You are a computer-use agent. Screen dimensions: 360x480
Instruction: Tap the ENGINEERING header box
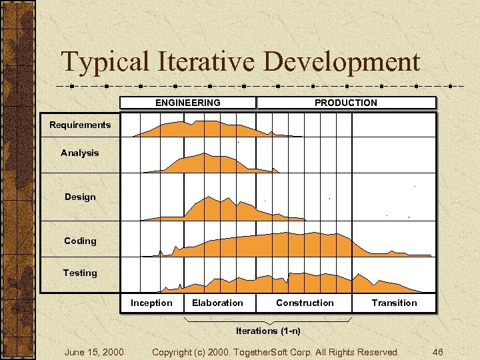click(x=187, y=103)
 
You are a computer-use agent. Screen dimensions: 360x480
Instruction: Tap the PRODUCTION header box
click(x=345, y=103)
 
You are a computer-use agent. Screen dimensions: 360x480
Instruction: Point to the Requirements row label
click(x=80, y=125)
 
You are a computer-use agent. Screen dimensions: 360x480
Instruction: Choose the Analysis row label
click(x=79, y=153)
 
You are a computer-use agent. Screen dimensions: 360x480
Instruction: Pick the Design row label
click(x=80, y=197)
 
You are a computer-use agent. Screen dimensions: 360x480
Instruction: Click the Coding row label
click(x=80, y=241)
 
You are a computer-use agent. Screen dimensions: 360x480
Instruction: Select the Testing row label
click(x=80, y=273)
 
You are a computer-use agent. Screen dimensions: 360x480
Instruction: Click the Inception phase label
click(x=151, y=303)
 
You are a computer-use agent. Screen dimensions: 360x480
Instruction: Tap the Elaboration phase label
click(x=217, y=303)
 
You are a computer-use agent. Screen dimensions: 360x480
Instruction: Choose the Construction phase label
click(x=305, y=303)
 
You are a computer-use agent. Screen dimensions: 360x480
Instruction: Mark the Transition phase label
click(x=394, y=303)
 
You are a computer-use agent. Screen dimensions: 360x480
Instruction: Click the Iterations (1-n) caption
click(x=268, y=331)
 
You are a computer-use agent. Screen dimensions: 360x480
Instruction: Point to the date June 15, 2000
click(x=93, y=351)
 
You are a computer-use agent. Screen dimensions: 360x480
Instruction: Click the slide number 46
click(x=437, y=351)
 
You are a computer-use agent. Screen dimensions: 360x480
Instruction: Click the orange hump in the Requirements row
click(x=200, y=129)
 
